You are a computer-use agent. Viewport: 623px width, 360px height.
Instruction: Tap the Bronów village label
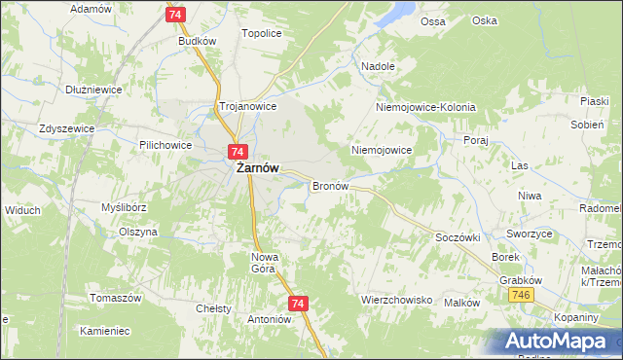(330, 185)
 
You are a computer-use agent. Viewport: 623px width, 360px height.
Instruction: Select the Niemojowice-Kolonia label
(425, 107)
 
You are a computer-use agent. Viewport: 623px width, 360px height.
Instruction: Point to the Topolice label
(261, 33)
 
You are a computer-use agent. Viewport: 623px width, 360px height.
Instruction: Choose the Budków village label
(195, 42)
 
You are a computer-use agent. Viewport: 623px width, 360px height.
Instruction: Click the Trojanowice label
(248, 106)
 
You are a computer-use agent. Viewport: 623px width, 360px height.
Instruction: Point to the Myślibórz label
(124, 207)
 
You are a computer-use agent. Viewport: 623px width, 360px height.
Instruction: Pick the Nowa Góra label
(265, 262)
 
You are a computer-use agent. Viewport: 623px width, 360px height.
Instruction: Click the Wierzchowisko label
(396, 300)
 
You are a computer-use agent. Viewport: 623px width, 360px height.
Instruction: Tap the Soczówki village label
(459, 237)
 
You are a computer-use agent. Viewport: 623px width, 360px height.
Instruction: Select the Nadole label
(378, 66)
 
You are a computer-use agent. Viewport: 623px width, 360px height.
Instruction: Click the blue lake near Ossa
(399, 12)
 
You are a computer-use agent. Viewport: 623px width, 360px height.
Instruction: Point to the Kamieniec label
(105, 331)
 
